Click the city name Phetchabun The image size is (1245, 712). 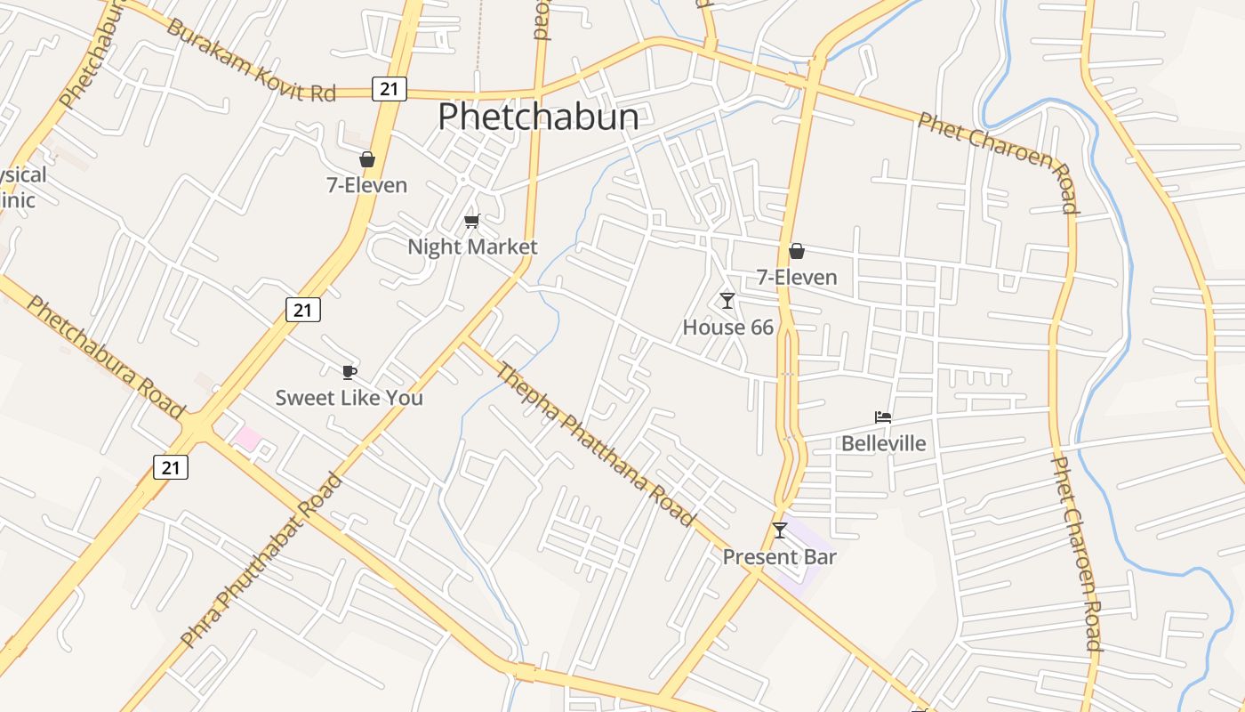tap(538, 117)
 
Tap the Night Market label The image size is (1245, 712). tap(472, 247)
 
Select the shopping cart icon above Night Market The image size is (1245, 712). tap(471, 221)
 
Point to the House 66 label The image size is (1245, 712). tap(727, 328)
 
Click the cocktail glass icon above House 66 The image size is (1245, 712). tap(727, 301)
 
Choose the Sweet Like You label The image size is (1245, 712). tap(349, 398)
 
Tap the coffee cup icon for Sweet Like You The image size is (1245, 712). tap(349, 372)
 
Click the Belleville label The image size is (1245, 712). tap(883, 443)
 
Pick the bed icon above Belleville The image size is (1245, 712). tap(883, 417)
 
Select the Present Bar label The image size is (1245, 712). tap(779, 557)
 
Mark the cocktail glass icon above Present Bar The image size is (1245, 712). tap(780, 530)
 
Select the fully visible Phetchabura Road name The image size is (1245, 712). tap(105, 356)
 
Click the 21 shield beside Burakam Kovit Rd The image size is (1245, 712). tap(389, 88)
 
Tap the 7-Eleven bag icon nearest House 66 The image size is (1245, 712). tap(797, 252)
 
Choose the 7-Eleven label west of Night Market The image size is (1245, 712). tap(366, 185)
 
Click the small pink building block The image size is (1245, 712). tap(248, 438)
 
